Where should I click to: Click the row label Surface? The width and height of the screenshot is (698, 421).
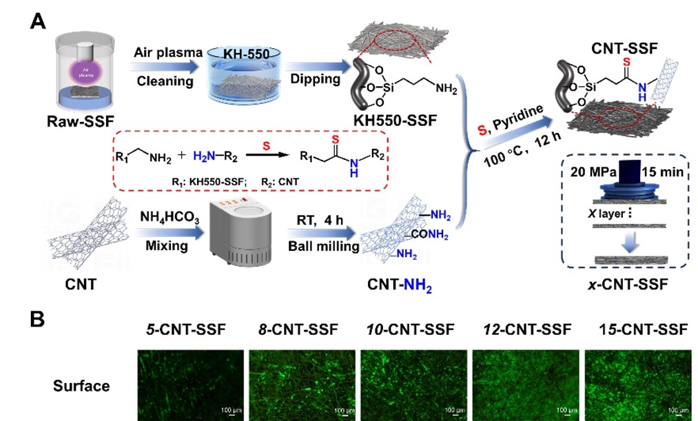pyautogui.click(x=81, y=386)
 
